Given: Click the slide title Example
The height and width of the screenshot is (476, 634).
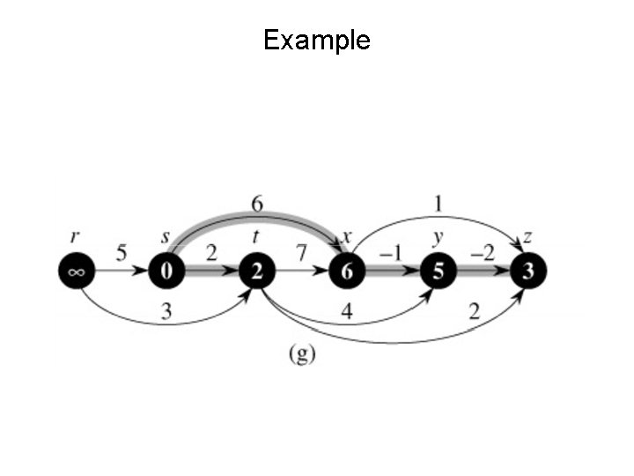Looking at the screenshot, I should [x=317, y=40].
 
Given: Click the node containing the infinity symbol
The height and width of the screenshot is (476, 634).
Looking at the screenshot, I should [x=76, y=271].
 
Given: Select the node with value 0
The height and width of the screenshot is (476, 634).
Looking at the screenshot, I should [x=166, y=271].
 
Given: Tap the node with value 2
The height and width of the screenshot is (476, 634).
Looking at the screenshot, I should [x=256, y=271].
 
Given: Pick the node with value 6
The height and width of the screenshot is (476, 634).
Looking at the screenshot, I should [x=347, y=271].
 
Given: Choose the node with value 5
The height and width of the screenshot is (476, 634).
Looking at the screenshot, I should [x=438, y=271].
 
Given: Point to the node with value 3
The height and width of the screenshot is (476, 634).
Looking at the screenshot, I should [x=527, y=271].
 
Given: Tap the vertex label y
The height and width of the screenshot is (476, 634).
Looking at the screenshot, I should [x=438, y=237].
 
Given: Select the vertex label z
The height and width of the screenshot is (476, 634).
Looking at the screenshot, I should [x=527, y=237].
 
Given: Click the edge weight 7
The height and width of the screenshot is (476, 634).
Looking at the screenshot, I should [x=301, y=254].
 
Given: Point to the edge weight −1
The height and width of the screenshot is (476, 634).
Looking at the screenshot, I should [x=390, y=254].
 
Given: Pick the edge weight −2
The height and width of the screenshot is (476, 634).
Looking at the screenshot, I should [x=482, y=254].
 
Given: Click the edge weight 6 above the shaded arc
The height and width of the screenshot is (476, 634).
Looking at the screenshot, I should [x=256, y=204].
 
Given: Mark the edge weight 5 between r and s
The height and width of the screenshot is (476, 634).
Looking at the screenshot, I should [x=122, y=254].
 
